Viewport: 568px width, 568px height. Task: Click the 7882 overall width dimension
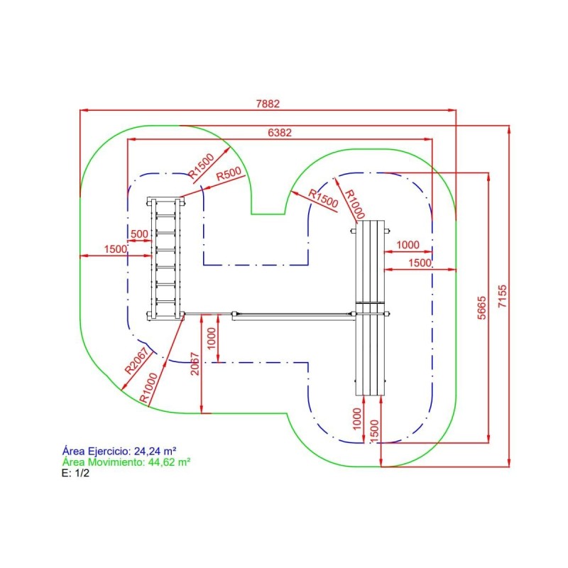[x=268, y=104]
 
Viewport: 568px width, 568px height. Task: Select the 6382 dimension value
[x=279, y=133]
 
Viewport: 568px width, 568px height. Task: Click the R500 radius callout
[x=228, y=173]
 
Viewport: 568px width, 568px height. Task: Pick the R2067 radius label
[x=138, y=361]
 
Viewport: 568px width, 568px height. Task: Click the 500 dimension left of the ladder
[x=140, y=234]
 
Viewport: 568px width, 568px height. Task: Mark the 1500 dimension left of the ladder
[x=115, y=248]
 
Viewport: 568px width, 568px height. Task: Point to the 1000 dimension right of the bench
[x=408, y=244]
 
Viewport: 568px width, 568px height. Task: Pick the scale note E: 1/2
[x=76, y=472]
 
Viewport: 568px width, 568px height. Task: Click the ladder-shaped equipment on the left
[x=165, y=259]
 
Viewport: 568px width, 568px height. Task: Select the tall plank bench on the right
[x=371, y=307]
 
